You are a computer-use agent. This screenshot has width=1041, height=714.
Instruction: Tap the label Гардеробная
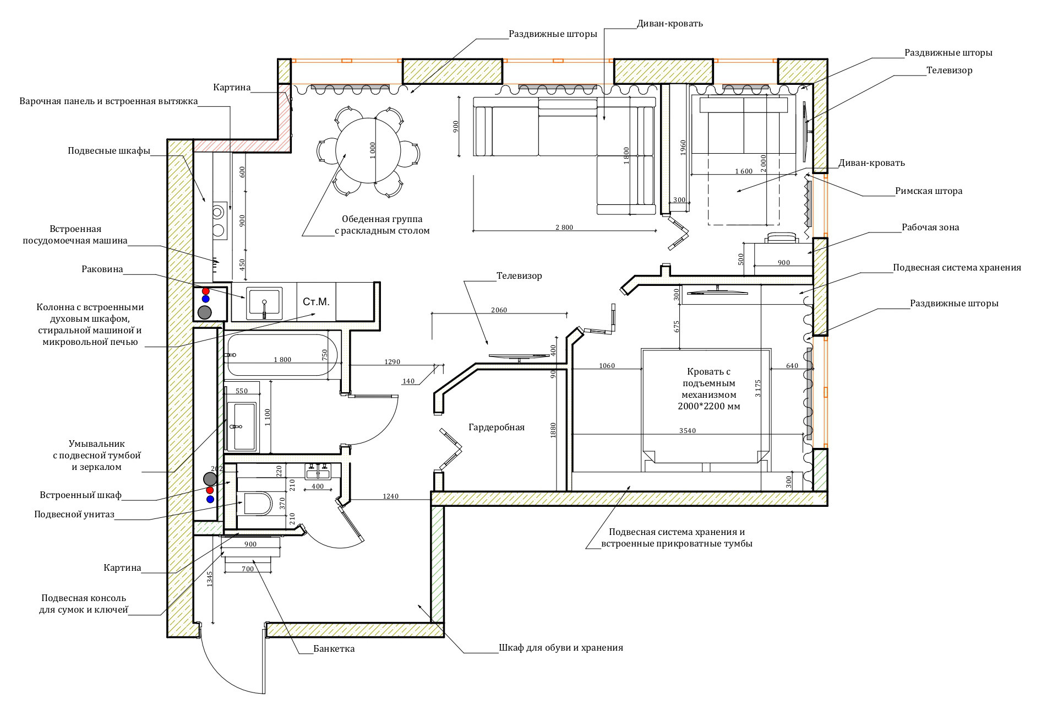click(x=497, y=427)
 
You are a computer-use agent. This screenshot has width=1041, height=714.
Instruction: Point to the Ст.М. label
click(x=316, y=302)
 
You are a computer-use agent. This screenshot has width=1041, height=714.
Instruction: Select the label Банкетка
click(x=334, y=648)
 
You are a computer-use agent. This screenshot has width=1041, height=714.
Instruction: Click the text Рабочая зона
click(x=930, y=227)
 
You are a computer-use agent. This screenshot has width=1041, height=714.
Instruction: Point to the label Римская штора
click(x=929, y=191)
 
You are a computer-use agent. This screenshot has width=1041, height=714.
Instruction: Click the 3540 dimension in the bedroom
click(x=688, y=431)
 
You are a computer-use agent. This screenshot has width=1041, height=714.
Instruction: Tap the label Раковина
click(x=102, y=269)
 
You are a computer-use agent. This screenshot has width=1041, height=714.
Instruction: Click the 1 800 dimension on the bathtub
click(x=282, y=360)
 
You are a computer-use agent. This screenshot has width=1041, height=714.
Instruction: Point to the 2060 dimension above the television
click(x=499, y=310)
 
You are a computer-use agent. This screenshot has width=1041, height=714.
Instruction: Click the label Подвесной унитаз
click(x=74, y=515)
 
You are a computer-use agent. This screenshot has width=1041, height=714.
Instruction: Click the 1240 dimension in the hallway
click(x=390, y=496)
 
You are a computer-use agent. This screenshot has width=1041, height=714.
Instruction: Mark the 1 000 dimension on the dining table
click(x=373, y=150)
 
